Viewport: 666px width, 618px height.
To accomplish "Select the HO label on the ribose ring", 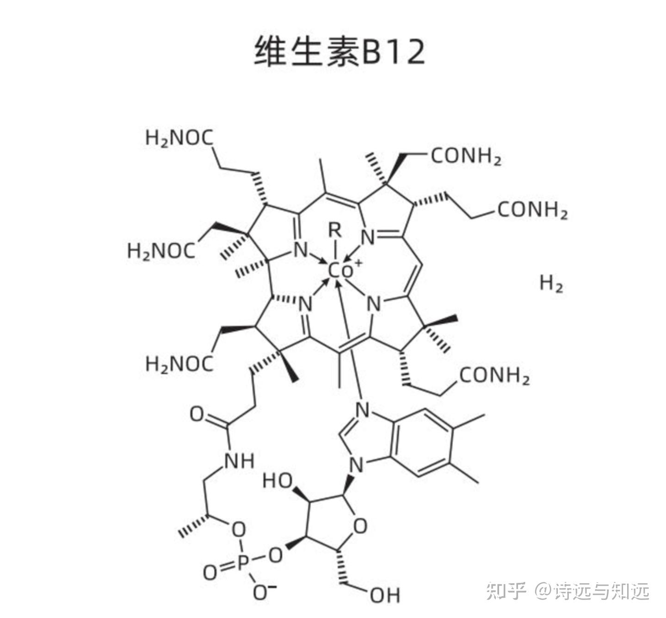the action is point(277,481).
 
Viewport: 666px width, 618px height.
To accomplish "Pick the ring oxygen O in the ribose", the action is point(359,526).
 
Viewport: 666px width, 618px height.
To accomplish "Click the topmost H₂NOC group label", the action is point(179,138).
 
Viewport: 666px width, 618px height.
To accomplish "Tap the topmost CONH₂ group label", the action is point(466,157).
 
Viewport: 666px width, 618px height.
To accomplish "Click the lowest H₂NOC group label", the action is point(179,364).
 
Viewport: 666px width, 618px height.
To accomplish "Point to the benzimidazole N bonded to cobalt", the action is point(362,409).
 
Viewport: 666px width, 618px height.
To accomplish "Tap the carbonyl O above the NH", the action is point(197,414).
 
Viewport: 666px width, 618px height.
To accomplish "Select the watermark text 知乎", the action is point(506,591).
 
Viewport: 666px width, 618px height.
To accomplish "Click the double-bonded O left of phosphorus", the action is point(210,573).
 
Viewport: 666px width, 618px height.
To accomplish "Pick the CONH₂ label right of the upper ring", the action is point(532,210).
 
